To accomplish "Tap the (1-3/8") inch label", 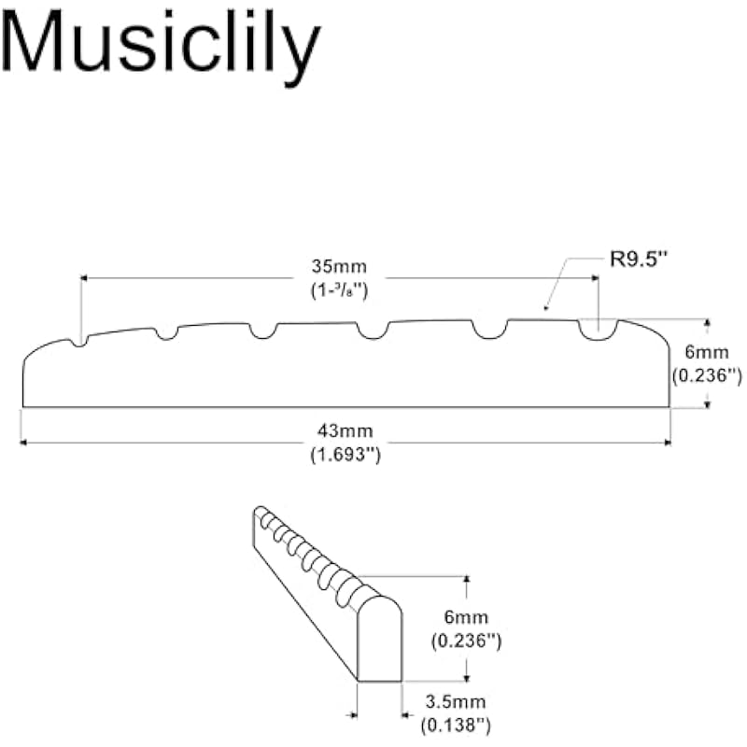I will (338, 290).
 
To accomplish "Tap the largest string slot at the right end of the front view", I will (597, 330).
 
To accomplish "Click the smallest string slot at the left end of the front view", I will (81, 342).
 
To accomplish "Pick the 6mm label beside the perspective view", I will (466, 617).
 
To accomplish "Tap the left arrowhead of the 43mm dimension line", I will (23, 443).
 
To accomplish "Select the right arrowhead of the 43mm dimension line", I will (668, 443).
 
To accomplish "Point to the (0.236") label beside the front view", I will (707, 375).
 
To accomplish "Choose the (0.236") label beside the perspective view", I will (466, 641).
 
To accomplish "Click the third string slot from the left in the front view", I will (261, 331).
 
